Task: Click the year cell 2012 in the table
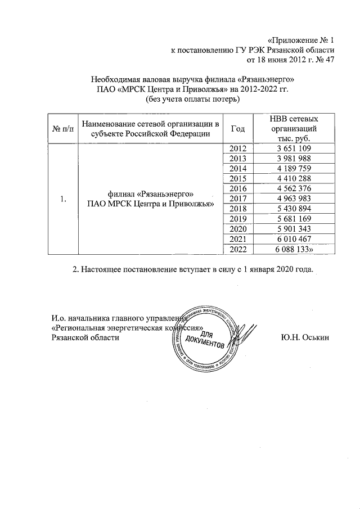tap(239, 148)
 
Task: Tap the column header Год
tap(238, 129)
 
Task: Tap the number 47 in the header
tap(329, 61)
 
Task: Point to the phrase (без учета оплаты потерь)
tap(193, 100)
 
